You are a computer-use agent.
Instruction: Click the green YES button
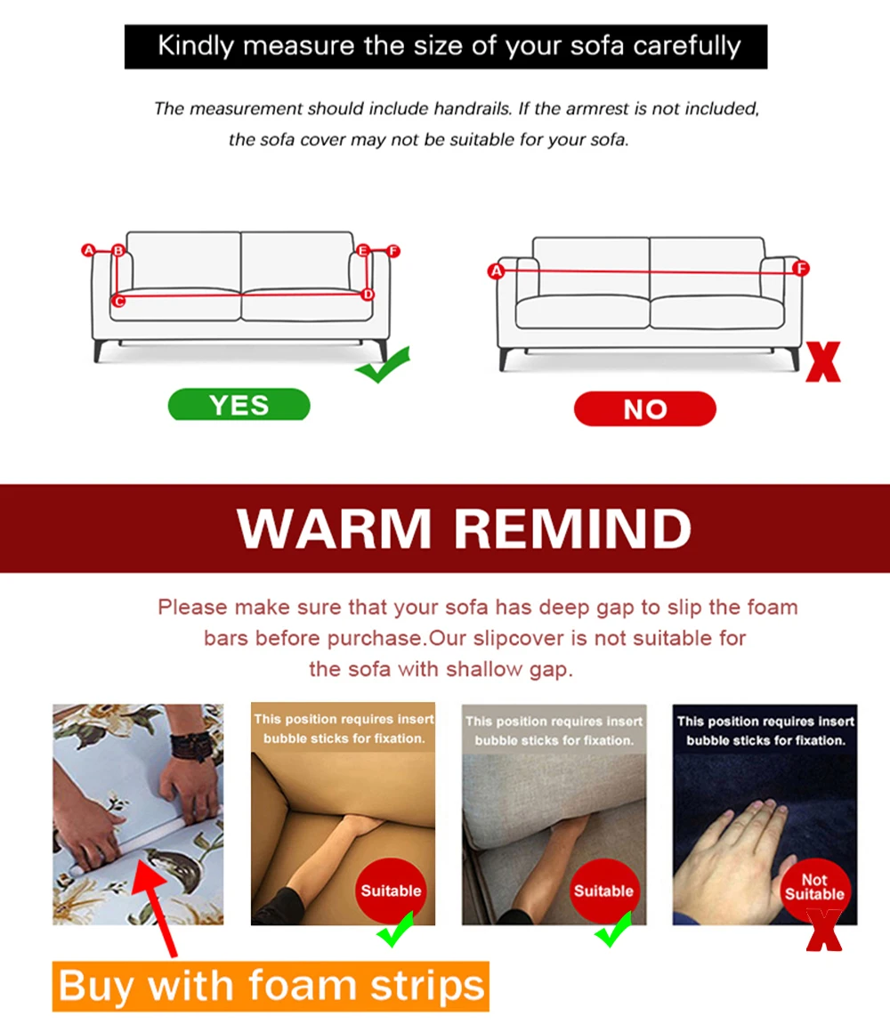click(239, 404)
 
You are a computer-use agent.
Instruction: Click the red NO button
click(645, 408)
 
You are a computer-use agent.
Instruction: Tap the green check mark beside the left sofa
click(383, 365)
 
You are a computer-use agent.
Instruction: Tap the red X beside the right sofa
click(823, 361)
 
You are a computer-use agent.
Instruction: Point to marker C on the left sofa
click(118, 301)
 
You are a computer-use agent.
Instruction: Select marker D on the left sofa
click(368, 294)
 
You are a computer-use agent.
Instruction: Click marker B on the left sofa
click(118, 250)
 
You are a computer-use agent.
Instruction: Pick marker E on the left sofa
click(363, 250)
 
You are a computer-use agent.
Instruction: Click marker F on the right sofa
click(801, 268)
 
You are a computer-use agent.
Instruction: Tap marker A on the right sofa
click(497, 270)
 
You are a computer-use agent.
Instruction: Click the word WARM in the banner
click(335, 528)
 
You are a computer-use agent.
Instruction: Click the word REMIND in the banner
click(572, 528)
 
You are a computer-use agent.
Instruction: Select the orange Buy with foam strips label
click(271, 986)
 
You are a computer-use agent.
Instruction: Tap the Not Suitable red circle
click(814, 889)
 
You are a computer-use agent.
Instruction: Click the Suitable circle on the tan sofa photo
click(391, 891)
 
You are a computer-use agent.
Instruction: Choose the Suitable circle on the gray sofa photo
click(603, 891)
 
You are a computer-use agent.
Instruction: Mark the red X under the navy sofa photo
click(824, 930)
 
